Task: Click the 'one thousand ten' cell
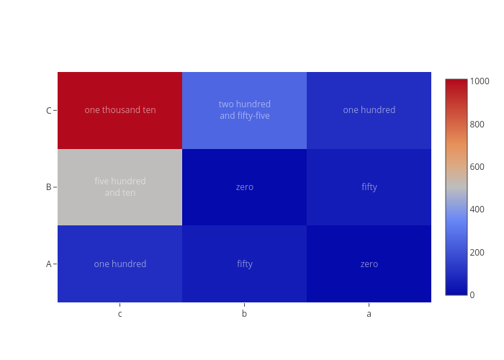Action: point(120,110)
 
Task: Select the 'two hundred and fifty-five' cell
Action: point(244,110)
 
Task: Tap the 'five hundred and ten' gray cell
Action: point(120,187)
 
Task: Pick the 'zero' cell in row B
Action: point(244,187)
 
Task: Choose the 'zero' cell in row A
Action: point(369,264)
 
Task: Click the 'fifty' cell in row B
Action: point(369,187)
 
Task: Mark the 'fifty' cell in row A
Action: point(244,264)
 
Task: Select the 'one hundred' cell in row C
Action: point(369,110)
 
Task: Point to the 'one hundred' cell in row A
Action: point(120,264)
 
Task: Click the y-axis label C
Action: point(48,111)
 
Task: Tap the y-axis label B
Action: point(48,187)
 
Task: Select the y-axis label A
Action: point(48,264)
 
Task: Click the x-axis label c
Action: point(120,314)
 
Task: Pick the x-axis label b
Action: point(244,313)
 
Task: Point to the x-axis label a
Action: point(369,314)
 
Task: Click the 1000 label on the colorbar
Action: point(480,81)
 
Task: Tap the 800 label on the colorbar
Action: point(477,124)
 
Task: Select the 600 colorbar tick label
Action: point(477,167)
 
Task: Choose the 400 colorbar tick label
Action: point(477,210)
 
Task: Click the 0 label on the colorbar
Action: point(472,294)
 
